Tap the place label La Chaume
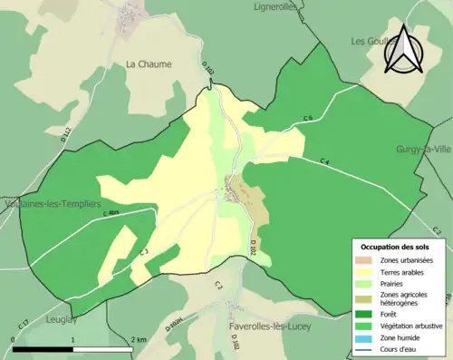pos(149,64)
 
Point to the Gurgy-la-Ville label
pos(423,149)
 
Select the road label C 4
pos(323,161)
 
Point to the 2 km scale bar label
pos(138,339)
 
